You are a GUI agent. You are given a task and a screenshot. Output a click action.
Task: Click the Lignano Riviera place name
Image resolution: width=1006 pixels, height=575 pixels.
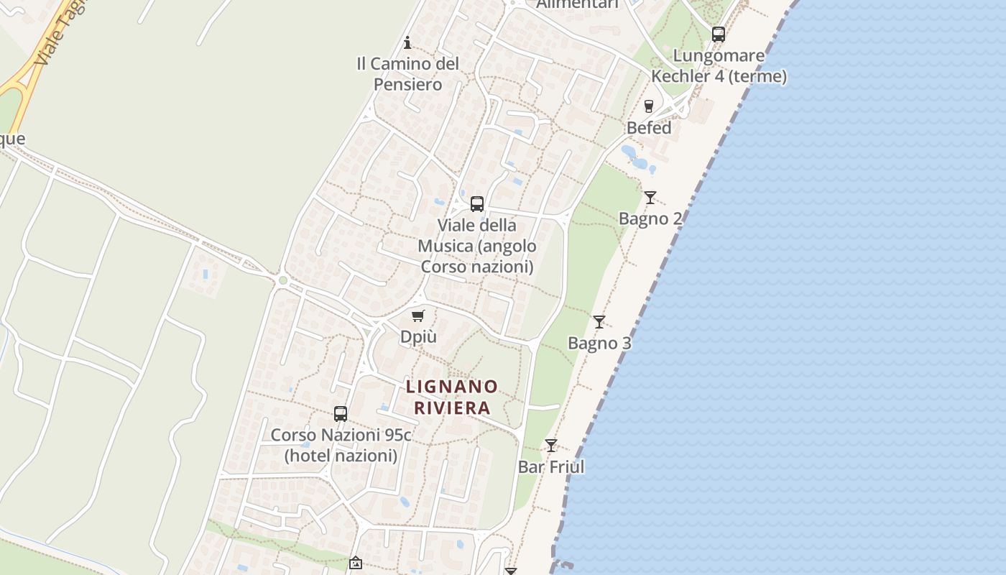pos(452,397)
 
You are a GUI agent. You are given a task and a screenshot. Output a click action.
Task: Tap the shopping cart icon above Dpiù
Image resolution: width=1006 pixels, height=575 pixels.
pos(418,316)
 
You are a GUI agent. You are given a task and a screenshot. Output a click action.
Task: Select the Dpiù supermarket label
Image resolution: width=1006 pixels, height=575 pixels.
pos(418,336)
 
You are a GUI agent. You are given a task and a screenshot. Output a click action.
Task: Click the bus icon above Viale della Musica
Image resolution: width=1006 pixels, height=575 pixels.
pos(477,204)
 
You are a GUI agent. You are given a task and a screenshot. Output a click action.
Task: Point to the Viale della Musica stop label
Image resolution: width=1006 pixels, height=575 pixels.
pos(477,246)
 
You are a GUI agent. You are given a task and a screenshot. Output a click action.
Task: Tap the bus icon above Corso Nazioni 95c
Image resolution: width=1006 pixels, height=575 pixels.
pos(341,414)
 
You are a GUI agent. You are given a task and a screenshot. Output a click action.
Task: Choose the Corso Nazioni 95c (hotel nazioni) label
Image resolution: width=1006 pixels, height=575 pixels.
pos(341,445)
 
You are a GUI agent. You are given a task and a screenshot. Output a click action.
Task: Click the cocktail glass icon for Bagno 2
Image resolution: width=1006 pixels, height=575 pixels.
pos(650,197)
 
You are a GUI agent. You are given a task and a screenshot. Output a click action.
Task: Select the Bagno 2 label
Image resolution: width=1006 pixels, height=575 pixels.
pos(650,218)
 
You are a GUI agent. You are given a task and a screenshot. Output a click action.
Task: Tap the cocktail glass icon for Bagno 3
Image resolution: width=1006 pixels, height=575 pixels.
pos(599,321)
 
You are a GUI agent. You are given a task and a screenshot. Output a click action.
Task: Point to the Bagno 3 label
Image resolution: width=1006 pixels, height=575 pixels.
pos(599,343)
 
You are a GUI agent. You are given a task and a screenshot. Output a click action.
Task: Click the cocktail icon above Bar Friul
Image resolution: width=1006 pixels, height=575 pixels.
pos(551,446)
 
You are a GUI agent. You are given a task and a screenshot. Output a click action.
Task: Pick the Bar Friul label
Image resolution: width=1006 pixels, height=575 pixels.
pos(551,466)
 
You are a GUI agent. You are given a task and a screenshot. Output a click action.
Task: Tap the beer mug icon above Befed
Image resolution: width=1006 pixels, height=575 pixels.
pos(649,106)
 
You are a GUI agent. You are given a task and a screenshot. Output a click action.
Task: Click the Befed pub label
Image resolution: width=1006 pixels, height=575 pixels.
pos(649,128)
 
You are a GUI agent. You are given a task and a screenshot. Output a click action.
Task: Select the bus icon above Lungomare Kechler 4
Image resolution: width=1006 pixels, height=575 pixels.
pos(719,34)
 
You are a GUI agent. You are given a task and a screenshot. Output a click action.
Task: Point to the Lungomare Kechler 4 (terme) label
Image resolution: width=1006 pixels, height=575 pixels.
pos(719,65)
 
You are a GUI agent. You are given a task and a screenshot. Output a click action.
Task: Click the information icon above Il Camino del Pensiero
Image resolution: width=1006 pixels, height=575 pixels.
pos(407,42)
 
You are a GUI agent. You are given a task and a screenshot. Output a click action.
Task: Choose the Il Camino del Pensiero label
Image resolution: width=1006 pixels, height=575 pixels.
pos(407,73)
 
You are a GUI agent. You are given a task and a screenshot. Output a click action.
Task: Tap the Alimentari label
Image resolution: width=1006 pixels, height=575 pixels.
pos(577,4)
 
